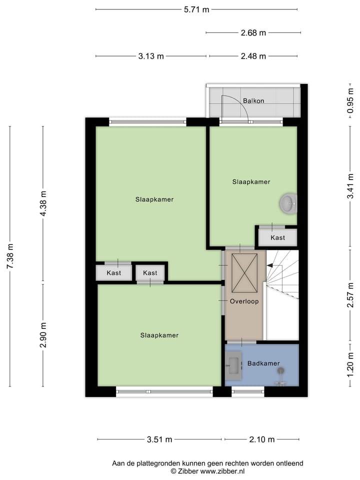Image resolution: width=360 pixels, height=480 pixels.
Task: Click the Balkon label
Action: (253, 100)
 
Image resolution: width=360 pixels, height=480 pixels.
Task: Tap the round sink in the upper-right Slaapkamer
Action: (288, 203)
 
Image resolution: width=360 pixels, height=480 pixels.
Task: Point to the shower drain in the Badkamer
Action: (281, 370)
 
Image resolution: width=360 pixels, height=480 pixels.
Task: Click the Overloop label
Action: (244, 301)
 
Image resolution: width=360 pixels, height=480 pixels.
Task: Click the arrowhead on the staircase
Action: (269, 266)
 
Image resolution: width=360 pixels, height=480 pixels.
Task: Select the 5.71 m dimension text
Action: (196, 9)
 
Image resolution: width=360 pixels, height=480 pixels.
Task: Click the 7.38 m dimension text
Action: (10, 256)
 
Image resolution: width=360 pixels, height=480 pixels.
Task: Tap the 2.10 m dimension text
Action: (262, 439)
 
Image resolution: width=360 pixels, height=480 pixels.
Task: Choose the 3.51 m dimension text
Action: (159, 439)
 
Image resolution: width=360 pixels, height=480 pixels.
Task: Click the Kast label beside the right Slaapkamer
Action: (277, 237)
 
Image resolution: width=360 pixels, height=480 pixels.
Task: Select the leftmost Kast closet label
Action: (114, 272)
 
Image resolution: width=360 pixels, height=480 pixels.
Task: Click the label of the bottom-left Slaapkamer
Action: (159, 335)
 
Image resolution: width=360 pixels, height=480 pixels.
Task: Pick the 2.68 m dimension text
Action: (253, 33)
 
